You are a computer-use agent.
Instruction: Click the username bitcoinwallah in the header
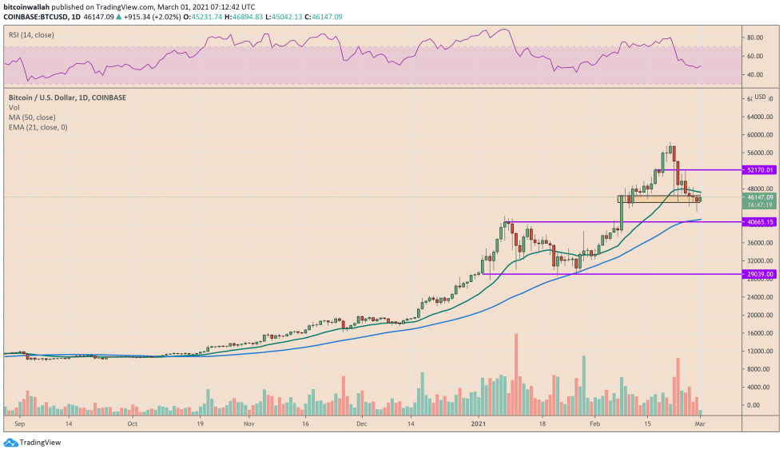tap(28, 5)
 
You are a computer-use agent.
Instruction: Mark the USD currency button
tap(760, 97)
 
